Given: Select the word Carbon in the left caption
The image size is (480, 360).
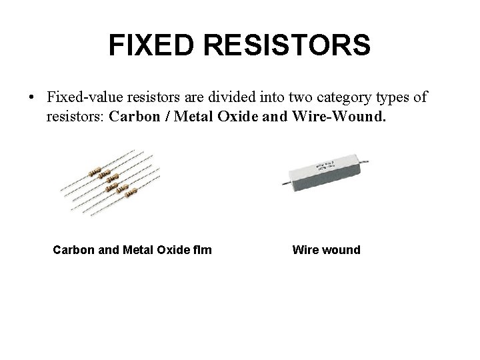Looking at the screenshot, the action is coord(74,251).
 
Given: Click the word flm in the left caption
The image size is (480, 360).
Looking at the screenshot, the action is coord(203,251).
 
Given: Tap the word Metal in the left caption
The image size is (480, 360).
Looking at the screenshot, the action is coord(136,251).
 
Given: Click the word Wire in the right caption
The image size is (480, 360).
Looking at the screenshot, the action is coord(305,251).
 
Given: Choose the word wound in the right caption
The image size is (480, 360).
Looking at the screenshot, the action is coord(341,251).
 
